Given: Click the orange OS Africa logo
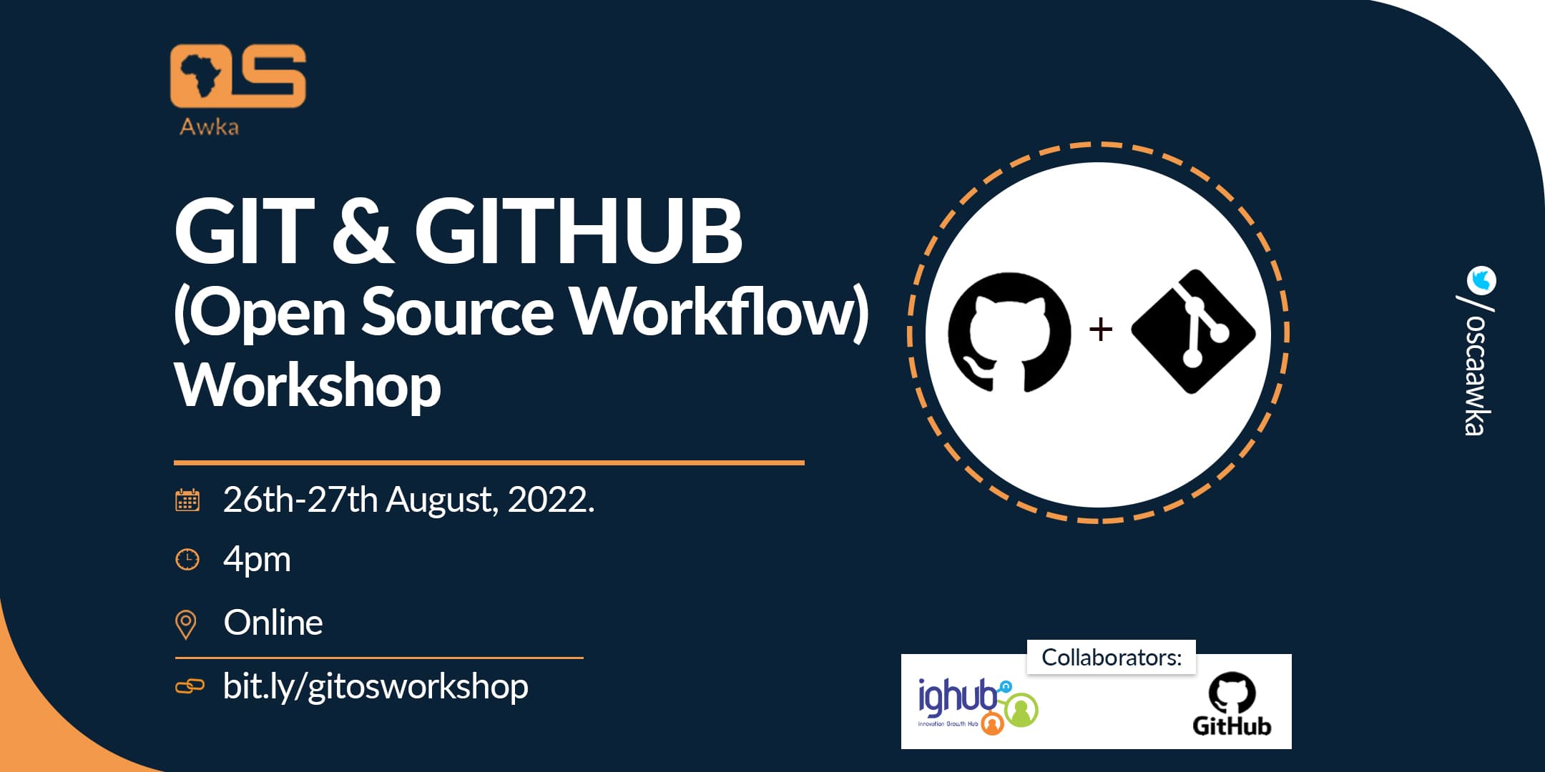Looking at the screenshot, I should click(237, 76).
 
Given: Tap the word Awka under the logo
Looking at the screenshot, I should click(209, 127).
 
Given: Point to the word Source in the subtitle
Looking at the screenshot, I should click(457, 312).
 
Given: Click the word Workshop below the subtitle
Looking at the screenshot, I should click(308, 385).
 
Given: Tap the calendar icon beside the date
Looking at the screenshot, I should click(187, 500).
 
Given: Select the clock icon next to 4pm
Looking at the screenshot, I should click(187, 559).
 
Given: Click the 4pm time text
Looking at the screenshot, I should click(257, 559).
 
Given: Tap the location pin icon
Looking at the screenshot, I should click(186, 624).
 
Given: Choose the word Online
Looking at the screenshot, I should click(273, 623).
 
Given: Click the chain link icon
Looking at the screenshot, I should click(190, 687).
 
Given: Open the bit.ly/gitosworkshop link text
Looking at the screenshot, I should click(376, 686).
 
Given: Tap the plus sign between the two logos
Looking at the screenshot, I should click(1100, 330).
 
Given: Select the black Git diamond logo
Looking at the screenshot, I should click(1193, 332).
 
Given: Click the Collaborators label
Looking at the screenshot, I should click(1112, 657).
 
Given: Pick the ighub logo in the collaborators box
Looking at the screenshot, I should click(976, 705).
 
